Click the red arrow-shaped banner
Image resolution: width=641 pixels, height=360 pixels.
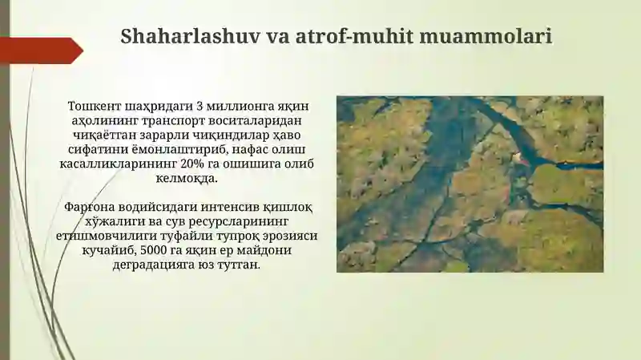coord(42,51)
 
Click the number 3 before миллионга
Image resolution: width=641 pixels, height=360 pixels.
coord(200,106)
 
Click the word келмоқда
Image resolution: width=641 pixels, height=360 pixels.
coord(187,179)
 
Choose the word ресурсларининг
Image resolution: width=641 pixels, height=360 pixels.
coord(232,222)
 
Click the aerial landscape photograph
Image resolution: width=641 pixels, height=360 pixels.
coord(470,184)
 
